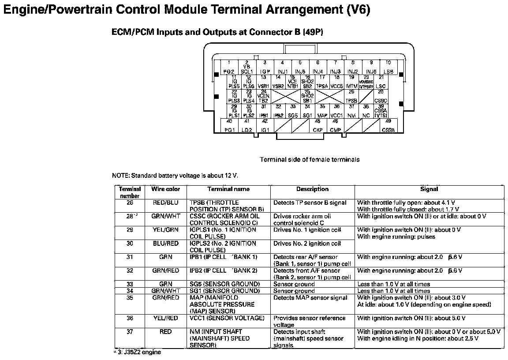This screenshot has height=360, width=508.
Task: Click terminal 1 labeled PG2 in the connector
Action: (229, 67)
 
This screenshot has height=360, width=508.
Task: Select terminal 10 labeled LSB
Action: (388, 67)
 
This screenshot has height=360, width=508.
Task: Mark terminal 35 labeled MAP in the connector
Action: (322, 111)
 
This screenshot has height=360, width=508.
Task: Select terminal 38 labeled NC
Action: (366, 111)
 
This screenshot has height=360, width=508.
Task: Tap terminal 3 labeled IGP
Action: (265, 67)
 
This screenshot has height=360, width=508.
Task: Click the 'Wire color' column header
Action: (166, 189)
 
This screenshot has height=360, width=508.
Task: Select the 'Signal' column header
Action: (429, 189)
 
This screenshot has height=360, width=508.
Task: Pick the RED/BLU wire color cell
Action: (166, 203)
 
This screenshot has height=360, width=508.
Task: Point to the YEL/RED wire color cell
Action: (166, 318)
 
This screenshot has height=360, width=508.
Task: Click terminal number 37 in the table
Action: (130, 332)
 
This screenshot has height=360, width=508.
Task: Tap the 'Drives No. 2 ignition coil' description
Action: (307, 244)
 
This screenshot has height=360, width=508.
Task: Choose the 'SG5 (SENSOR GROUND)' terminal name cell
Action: (224, 284)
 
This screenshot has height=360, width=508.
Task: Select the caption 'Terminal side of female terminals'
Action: (310, 159)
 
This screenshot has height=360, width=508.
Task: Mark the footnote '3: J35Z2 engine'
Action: (138, 352)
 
